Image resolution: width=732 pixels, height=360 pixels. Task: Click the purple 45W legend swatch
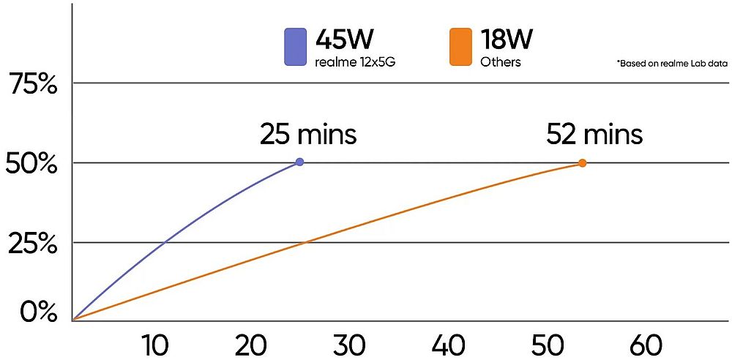point(295,46)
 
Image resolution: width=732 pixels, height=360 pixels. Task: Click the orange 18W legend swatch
point(460,46)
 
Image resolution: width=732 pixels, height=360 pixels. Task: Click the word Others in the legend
point(501,62)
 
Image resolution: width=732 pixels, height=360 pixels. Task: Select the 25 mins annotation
point(308,135)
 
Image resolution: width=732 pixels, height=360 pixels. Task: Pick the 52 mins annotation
point(594,135)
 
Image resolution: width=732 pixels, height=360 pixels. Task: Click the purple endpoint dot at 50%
point(299,162)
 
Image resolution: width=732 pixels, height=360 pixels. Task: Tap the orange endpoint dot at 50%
point(583,163)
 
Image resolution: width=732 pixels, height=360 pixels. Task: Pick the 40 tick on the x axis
point(448,344)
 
